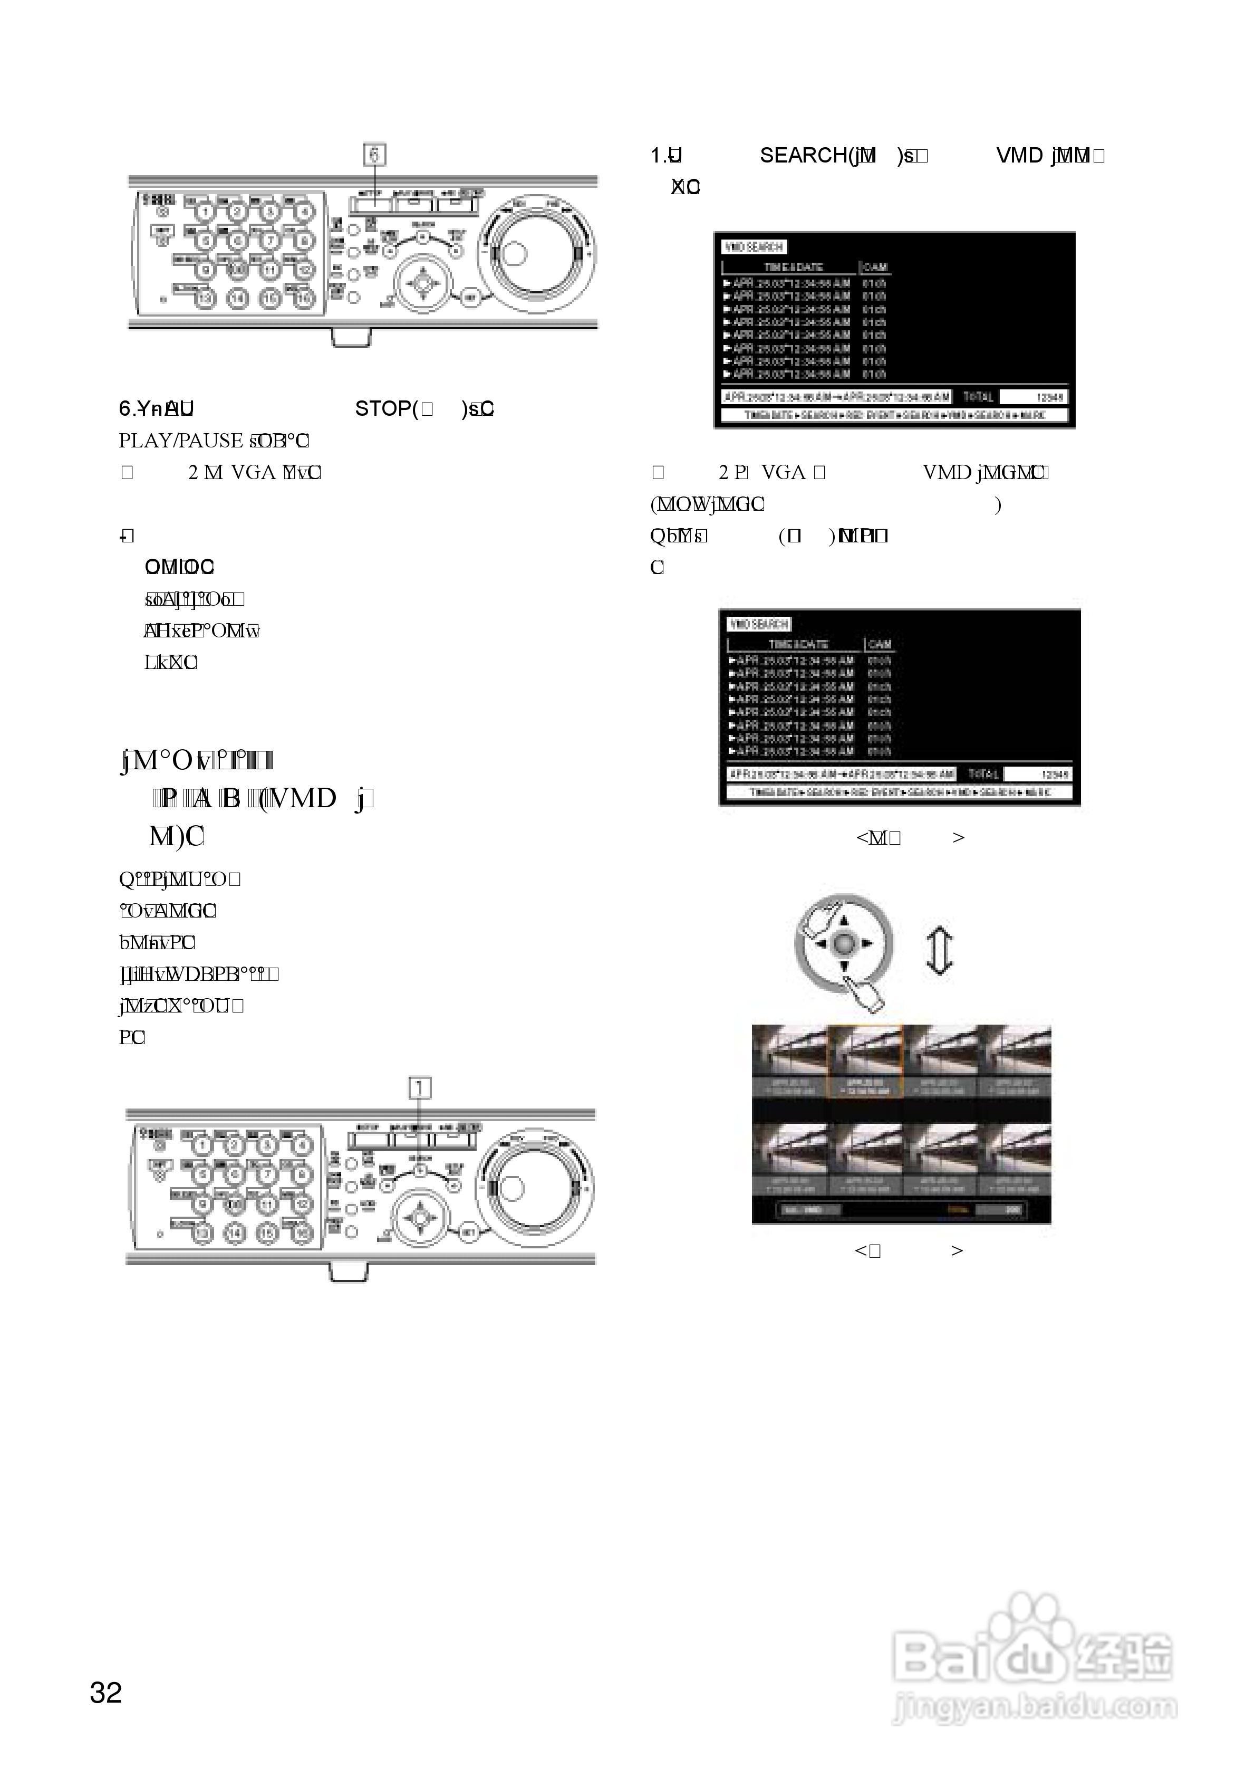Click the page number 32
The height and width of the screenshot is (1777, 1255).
click(x=106, y=1693)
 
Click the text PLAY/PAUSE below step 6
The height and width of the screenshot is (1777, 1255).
click(x=180, y=441)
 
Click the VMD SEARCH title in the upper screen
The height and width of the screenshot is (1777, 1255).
click(x=754, y=247)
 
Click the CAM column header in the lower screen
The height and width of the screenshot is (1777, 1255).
click(x=880, y=644)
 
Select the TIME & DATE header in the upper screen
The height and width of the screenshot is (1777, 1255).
click(x=793, y=267)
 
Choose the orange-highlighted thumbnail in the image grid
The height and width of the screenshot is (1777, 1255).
click(x=865, y=1061)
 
